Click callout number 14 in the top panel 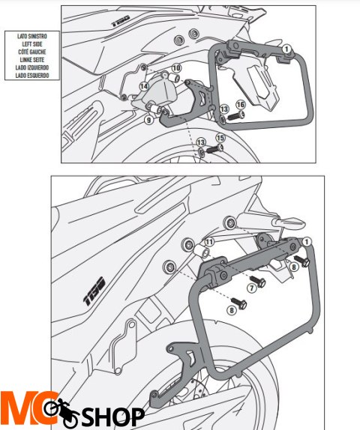pos(143,87)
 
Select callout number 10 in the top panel pos(175,68)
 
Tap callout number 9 pos(148,119)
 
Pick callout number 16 pos(241,104)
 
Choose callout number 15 pos(220,138)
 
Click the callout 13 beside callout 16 pos(224,109)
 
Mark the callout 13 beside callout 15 pos(199,142)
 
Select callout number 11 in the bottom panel pos(209,242)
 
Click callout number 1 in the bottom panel pos(307,241)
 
